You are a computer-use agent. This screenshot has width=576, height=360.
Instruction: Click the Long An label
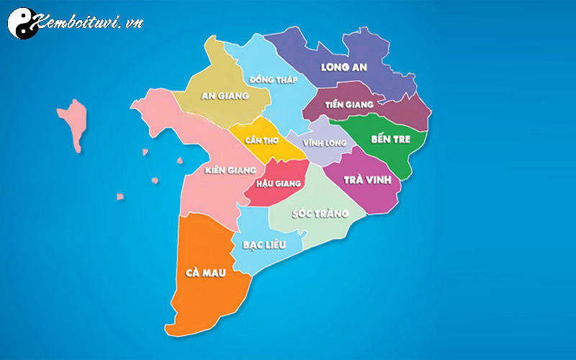coord(343,68)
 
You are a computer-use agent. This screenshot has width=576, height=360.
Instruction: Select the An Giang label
coord(225,95)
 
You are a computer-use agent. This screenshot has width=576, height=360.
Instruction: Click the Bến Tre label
coord(390,139)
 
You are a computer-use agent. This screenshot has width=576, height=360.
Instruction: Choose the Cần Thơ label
coord(262,139)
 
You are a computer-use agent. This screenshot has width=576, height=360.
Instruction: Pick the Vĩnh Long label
coord(325,143)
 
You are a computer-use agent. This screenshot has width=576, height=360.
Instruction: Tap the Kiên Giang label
coord(230,170)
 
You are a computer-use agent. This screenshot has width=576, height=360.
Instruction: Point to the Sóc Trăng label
coord(320,213)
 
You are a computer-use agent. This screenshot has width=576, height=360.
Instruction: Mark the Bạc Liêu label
coord(265,245)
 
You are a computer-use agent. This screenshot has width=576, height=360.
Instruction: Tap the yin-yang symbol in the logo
coord(22,22)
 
